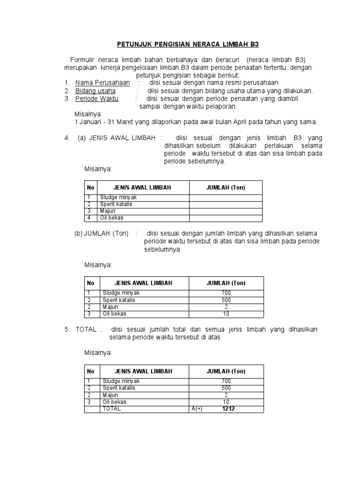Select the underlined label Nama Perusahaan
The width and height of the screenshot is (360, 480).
pyautogui.click(x=103, y=83)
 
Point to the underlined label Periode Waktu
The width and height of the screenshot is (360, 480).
pyautogui.click(x=97, y=99)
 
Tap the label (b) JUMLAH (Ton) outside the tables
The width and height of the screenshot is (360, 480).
pyautogui.click(x=101, y=233)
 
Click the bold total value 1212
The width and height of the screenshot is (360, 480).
pyautogui.click(x=229, y=409)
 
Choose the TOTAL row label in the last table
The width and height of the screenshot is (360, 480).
pyautogui.click(x=112, y=409)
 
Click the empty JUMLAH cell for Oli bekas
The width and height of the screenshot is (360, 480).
pyautogui.click(x=225, y=218)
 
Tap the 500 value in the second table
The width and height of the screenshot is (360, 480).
pyautogui.click(x=226, y=300)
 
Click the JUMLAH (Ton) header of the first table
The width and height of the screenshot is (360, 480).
pyautogui.click(x=225, y=187)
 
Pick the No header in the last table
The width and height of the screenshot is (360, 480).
pyautogui.click(x=90, y=371)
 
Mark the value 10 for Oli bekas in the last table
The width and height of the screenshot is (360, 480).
pyautogui.click(x=226, y=402)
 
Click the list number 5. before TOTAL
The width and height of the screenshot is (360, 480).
pyautogui.click(x=67, y=330)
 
